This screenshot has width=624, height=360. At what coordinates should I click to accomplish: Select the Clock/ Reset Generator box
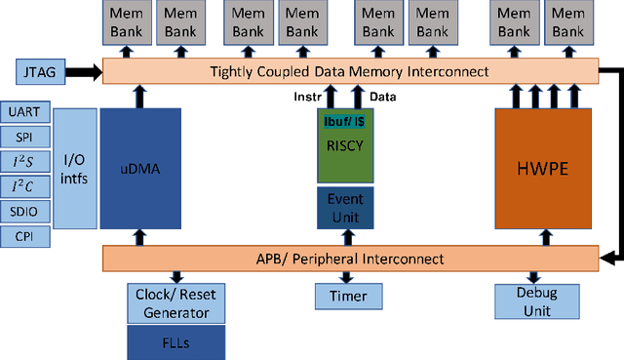coord(175,303)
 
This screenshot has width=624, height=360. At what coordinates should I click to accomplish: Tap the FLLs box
coord(175,341)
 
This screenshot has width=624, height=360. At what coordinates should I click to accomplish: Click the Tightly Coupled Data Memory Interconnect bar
coord(349,71)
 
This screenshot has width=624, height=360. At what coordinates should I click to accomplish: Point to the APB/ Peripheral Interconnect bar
coord(349,259)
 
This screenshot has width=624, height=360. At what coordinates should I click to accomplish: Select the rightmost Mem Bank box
coord(569,22)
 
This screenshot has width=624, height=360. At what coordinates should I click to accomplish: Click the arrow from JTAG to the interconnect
coord(85,71)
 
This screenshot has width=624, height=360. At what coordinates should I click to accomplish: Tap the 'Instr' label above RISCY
coord(309,97)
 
